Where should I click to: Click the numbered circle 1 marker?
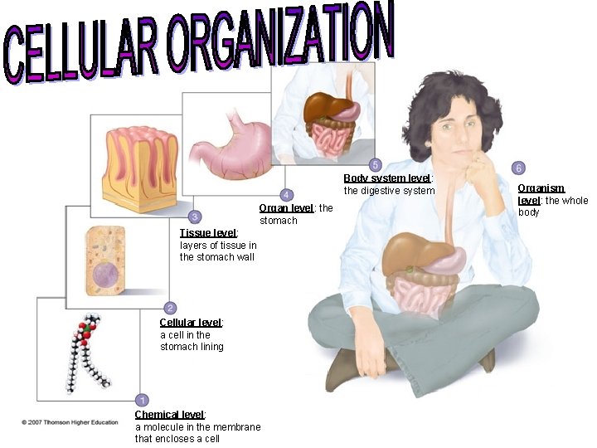[142, 400]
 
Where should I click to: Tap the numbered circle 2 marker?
[170, 308]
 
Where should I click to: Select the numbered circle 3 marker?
[194, 217]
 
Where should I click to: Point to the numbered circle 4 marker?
[286, 194]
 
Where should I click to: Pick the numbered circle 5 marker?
[376, 164]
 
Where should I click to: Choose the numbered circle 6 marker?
[518, 168]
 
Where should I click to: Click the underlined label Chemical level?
[170, 415]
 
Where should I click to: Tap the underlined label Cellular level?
[191, 323]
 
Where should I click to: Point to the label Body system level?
[387, 178]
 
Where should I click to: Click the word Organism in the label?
[541, 189]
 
